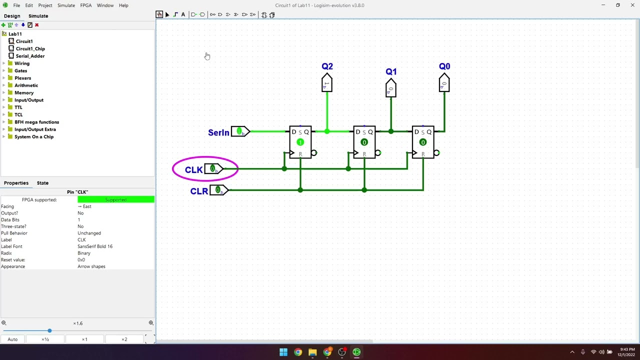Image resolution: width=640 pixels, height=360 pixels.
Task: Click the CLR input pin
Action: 218,190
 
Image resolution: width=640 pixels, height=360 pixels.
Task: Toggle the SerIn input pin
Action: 239,131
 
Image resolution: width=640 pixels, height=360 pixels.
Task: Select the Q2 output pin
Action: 326,83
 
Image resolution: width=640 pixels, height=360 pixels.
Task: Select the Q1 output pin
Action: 391,89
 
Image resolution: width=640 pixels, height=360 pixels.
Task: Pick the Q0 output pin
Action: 444,83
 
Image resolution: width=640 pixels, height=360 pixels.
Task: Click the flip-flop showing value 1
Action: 300,142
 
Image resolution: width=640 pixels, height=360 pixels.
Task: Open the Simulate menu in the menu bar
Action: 66,5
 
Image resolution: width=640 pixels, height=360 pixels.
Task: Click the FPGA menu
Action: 86,5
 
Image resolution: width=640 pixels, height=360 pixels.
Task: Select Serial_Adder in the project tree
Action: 30,56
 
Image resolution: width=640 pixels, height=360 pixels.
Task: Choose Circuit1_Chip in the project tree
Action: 30,48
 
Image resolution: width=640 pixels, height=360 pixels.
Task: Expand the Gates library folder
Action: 20,70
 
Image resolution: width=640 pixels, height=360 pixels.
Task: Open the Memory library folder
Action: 24,92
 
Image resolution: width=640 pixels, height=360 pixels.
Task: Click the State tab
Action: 42,183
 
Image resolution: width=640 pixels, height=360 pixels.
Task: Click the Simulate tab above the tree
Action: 38,16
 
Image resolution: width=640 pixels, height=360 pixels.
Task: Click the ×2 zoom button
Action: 124,339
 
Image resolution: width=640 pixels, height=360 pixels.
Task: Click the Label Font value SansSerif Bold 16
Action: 95,246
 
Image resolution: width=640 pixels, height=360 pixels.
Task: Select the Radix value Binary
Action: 84,253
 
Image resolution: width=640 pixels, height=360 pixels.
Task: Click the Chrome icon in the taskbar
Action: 298,352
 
